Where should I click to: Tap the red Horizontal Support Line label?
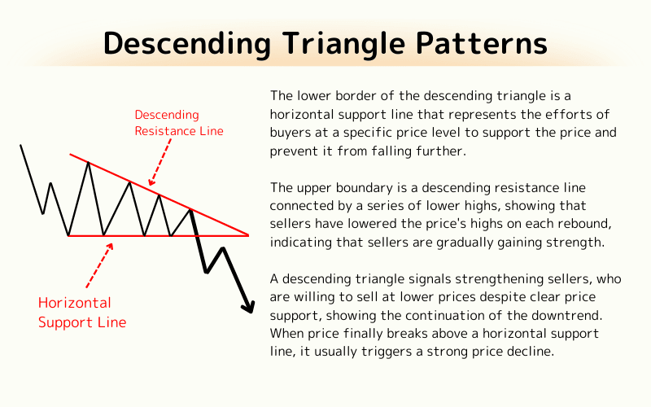click(x=82, y=313)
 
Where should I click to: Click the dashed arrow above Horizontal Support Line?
click(x=98, y=266)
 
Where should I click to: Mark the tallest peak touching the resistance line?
click(x=88, y=163)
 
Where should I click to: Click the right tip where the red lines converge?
click(x=248, y=235)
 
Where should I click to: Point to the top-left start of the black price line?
click(x=20, y=146)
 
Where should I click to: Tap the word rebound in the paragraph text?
click(x=574, y=224)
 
